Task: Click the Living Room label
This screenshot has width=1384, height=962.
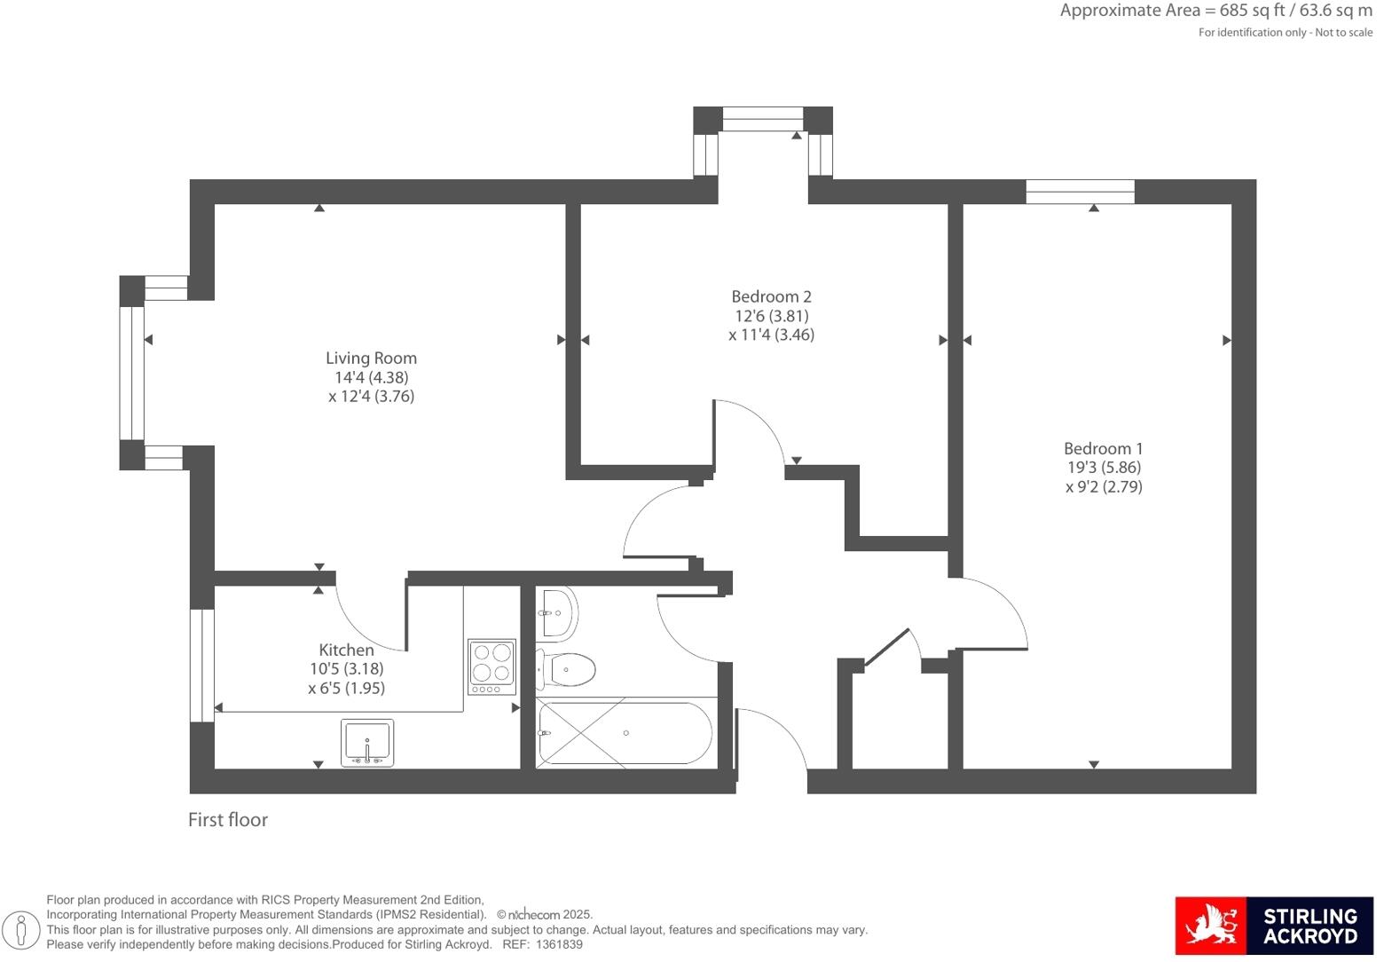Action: point(371,359)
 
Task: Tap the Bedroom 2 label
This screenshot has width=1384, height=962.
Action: point(771,297)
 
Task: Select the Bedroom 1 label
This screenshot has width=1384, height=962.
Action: point(1104,449)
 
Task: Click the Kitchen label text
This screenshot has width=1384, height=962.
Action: point(346,651)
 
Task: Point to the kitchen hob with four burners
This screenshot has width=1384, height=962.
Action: point(491,666)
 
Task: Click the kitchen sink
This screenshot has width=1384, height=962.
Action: point(367,743)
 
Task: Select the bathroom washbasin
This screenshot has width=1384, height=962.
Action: point(558,612)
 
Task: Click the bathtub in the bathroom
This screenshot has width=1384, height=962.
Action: point(625,733)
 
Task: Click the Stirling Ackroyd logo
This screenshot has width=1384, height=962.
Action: point(1273,926)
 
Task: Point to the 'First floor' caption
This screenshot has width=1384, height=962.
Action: point(228,820)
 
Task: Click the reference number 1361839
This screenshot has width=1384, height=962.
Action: point(558,945)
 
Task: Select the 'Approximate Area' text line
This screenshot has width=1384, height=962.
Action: point(1215,11)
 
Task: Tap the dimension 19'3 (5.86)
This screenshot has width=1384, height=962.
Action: point(1104,468)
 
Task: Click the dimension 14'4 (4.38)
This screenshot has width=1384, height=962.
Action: point(371,377)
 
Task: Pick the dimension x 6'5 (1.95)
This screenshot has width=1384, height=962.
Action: point(346,689)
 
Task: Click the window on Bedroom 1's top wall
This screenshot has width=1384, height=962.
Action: point(1080,192)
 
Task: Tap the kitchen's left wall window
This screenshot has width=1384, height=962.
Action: point(202,666)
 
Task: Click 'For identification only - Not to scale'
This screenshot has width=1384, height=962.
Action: point(1285,33)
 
